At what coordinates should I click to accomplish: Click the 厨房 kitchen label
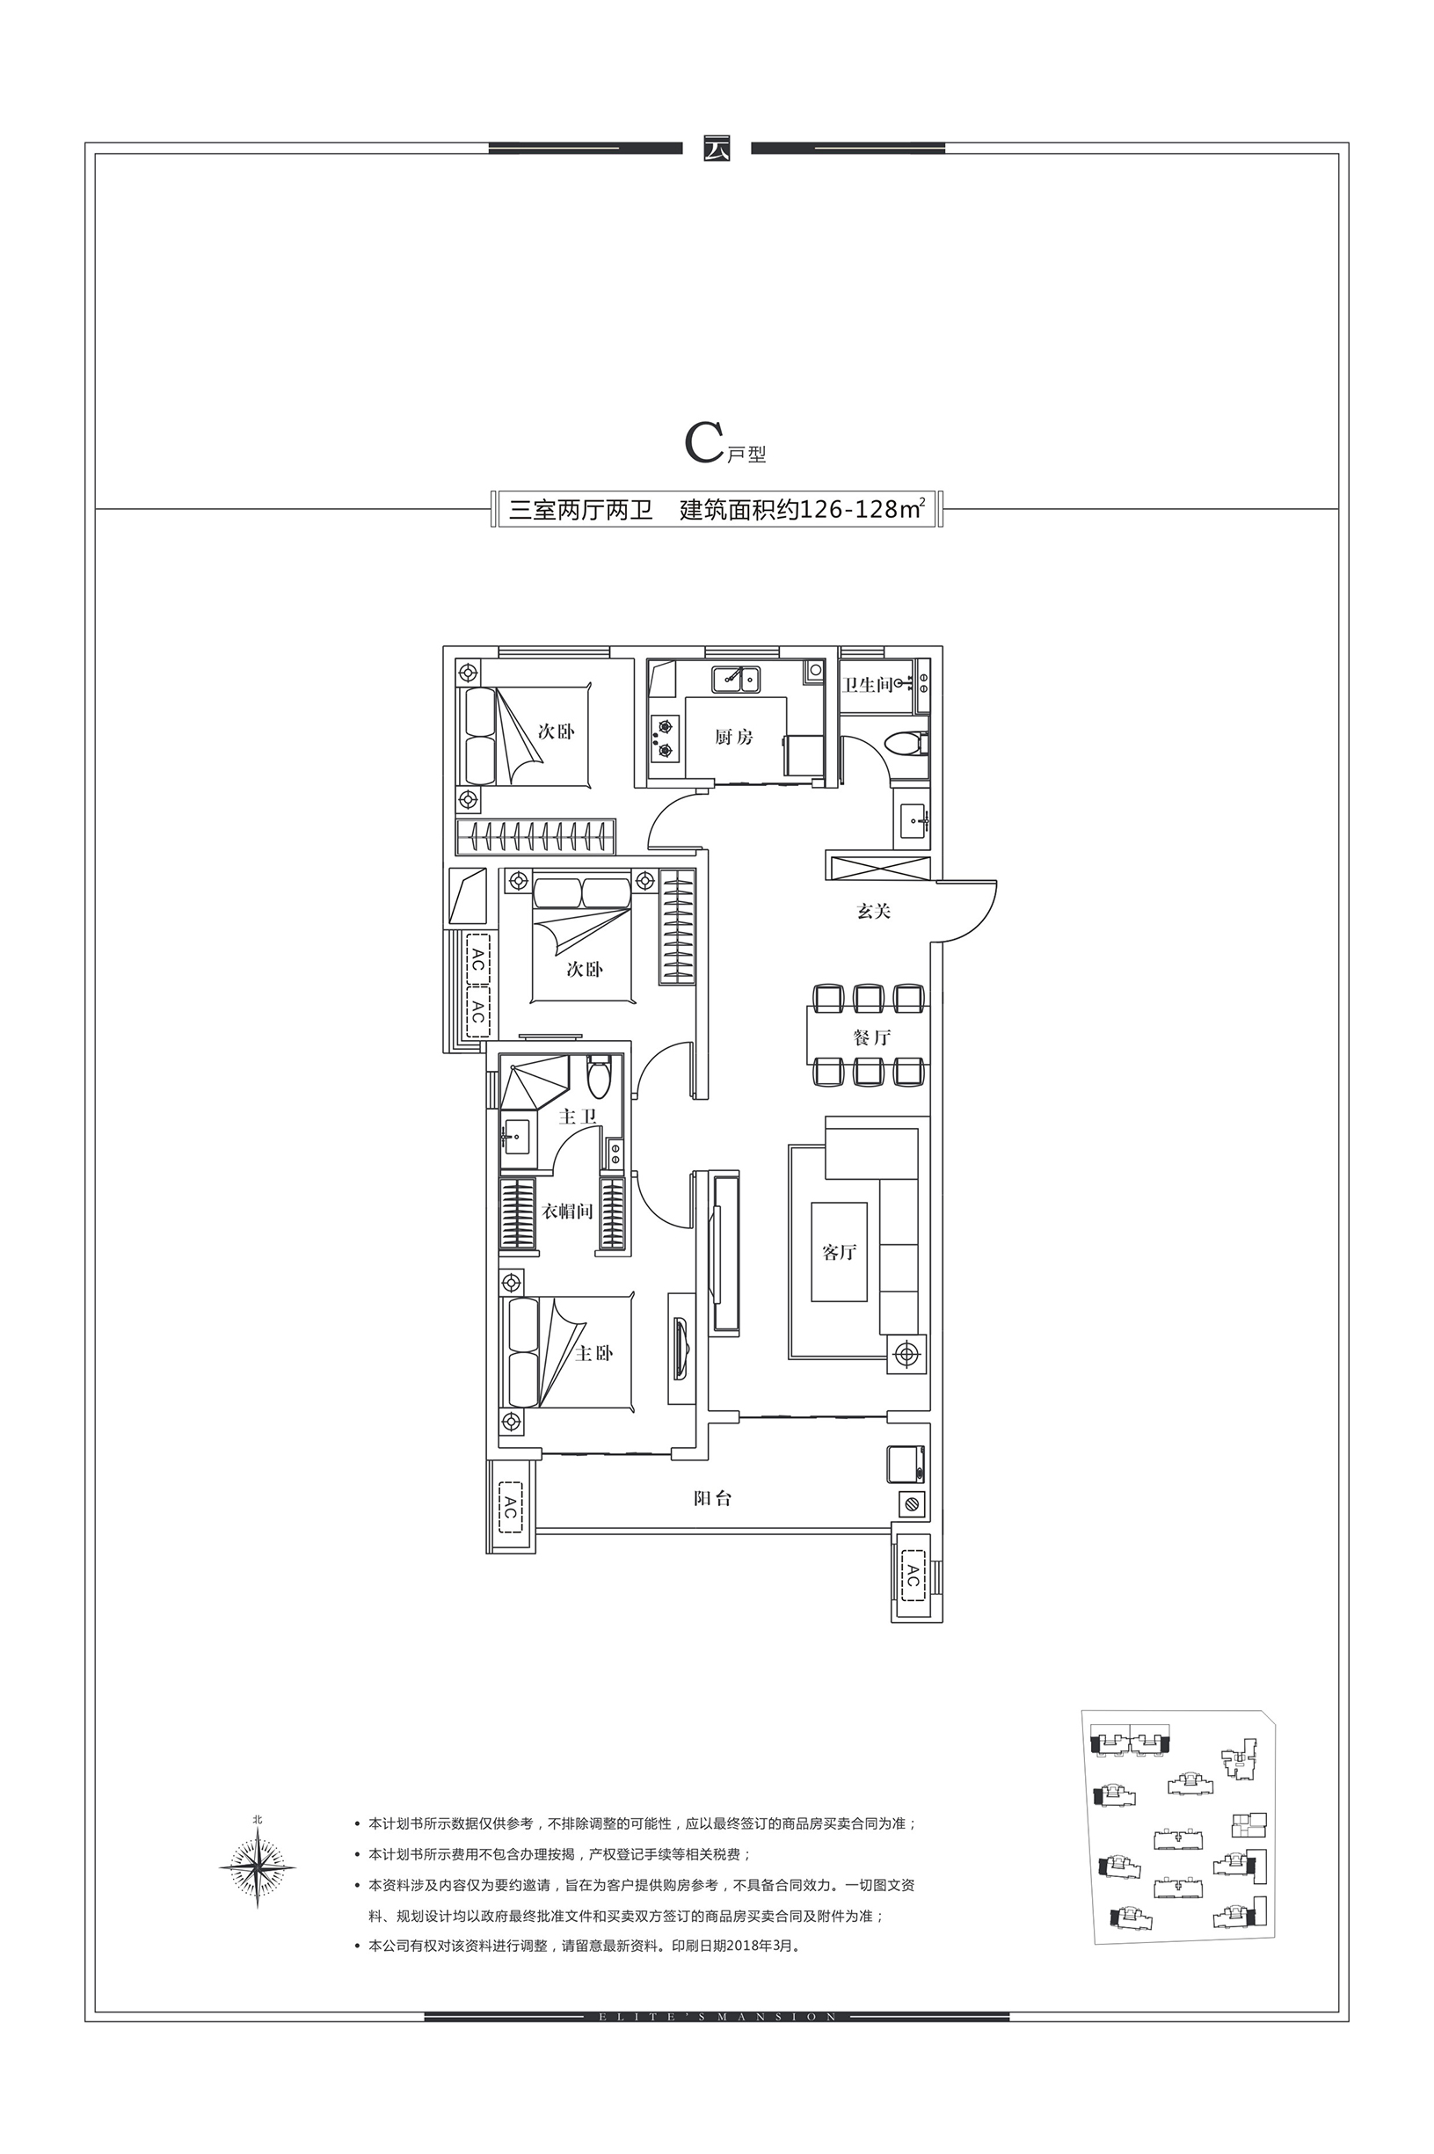pyautogui.click(x=733, y=736)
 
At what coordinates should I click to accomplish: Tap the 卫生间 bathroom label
pyautogui.click(x=867, y=685)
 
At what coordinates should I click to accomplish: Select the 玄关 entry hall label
pyautogui.click(x=873, y=911)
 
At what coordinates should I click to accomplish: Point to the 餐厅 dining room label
pyautogui.click(x=871, y=1037)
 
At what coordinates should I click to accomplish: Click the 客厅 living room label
pyautogui.click(x=839, y=1252)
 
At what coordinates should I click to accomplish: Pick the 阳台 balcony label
pyautogui.click(x=712, y=1498)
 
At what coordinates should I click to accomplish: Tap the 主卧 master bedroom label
pyautogui.click(x=593, y=1353)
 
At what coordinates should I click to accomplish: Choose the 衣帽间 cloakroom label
pyautogui.click(x=568, y=1212)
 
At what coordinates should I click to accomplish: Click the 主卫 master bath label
pyautogui.click(x=578, y=1117)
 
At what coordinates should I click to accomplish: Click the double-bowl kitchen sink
pyautogui.click(x=736, y=680)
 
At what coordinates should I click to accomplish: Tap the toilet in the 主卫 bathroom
pyautogui.click(x=599, y=1077)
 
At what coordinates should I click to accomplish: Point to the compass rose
pyautogui.click(x=258, y=1865)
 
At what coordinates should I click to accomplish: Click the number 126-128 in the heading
pyautogui.click(x=848, y=509)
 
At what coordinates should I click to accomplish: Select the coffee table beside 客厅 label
pyautogui.click(x=839, y=1251)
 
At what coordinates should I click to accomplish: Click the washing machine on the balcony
pyautogui.click(x=906, y=1463)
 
